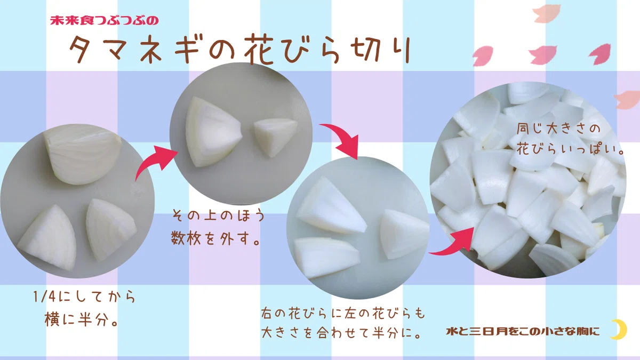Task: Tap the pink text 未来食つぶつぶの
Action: point(105,21)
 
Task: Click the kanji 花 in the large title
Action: point(259,49)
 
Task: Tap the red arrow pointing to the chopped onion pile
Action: point(454,243)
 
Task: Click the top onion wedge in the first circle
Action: point(82,154)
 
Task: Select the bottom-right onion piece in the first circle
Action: point(110,229)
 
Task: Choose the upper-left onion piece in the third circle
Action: point(331,206)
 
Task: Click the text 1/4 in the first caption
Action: point(44,297)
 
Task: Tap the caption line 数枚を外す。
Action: point(216,238)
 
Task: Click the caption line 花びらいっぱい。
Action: point(570,149)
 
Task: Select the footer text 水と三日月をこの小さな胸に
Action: point(523,331)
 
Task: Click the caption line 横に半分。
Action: point(82,319)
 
